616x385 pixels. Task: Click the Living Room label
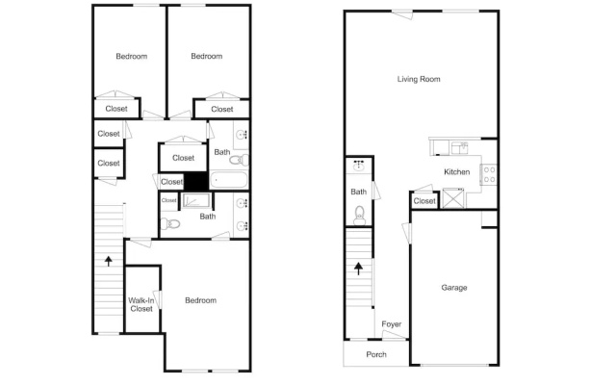pyautogui.click(x=419, y=79)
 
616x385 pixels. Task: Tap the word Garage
pyautogui.click(x=454, y=288)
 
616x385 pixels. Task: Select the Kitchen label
pyautogui.click(x=457, y=171)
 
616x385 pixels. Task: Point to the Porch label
pyautogui.click(x=376, y=354)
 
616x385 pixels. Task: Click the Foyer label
pyautogui.click(x=392, y=324)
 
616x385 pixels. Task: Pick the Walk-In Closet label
pyautogui.click(x=141, y=304)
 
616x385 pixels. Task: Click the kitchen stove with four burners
pyautogui.click(x=489, y=175)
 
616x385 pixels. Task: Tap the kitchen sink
pyautogui.click(x=459, y=148)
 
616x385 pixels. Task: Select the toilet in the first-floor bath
pyautogui.click(x=359, y=216)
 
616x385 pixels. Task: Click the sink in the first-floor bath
pyautogui.click(x=359, y=166)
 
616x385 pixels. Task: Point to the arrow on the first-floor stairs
pyautogui.click(x=358, y=269)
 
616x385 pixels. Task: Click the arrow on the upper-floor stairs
pyautogui.click(x=109, y=261)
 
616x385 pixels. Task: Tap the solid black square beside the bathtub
pyautogui.click(x=196, y=182)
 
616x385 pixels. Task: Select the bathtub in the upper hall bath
pyautogui.click(x=229, y=180)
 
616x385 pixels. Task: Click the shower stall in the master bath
pyautogui.click(x=196, y=200)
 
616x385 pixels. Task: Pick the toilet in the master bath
pyautogui.click(x=169, y=224)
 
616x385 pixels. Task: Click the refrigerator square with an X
pyautogui.click(x=453, y=198)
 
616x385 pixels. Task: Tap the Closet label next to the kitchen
pyautogui.click(x=424, y=201)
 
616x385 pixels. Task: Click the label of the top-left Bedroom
pyautogui.click(x=132, y=56)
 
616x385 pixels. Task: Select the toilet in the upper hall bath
pyautogui.click(x=239, y=160)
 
